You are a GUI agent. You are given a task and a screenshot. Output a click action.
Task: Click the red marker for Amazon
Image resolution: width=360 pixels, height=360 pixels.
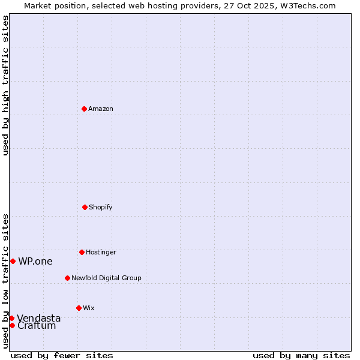(84, 109)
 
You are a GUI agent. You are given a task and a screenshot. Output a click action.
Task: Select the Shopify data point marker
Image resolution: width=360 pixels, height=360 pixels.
(85, 207)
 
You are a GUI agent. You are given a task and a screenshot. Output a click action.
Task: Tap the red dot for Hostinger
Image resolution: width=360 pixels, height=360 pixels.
(82, 252)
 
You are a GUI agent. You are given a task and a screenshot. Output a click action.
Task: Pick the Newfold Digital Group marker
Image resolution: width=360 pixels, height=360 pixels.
(67, 278)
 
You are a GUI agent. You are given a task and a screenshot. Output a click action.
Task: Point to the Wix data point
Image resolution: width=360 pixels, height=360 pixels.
(79, 308)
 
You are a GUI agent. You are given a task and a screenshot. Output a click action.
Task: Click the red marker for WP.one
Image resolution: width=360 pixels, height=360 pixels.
(13, 261)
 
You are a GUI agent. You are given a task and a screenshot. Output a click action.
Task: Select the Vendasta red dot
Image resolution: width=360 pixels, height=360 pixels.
(11, 318)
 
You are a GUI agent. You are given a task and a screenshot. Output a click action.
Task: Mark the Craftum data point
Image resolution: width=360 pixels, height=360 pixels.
(12, 325)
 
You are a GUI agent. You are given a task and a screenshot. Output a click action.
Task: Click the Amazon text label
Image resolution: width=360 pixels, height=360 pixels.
(101, 109)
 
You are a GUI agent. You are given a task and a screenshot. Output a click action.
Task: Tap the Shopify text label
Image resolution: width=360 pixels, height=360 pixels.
(101, 207)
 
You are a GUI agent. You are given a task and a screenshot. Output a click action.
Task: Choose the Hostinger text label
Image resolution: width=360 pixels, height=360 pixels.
(101, 252)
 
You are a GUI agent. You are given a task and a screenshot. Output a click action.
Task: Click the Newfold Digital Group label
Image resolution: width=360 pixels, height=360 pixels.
(106, 278)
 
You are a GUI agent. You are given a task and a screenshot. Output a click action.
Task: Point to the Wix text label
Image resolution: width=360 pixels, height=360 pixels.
(89, 308)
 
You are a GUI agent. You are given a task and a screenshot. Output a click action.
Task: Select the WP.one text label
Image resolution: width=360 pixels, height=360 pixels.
(35, 261)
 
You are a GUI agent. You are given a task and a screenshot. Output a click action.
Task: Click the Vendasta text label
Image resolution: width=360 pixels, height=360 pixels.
(39, 318)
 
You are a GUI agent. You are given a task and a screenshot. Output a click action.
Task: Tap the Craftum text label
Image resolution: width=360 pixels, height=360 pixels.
(37, 326)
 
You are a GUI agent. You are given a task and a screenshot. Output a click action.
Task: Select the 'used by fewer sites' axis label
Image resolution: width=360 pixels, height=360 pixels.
(62, 355)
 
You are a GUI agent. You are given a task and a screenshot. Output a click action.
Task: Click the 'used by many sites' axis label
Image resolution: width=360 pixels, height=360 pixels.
(301, 355)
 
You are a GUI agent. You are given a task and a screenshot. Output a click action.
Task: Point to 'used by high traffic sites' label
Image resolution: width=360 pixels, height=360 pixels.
(5, 85)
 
